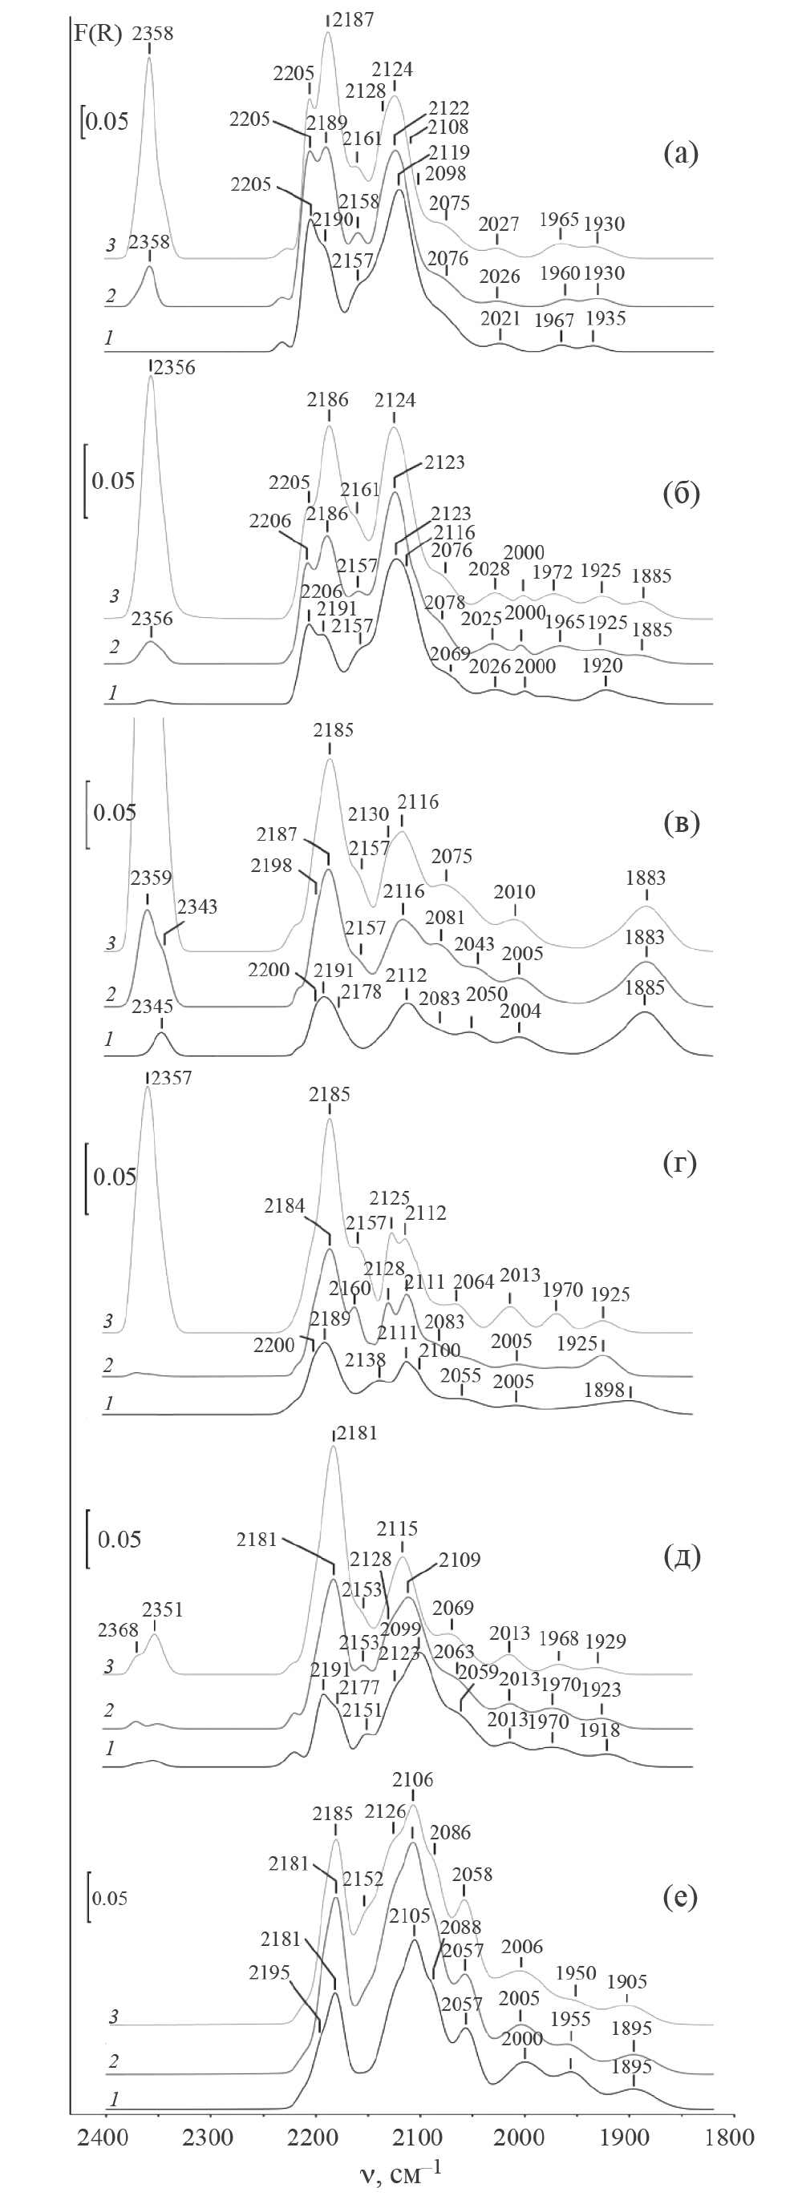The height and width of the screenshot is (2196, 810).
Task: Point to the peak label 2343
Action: tap(196, 907)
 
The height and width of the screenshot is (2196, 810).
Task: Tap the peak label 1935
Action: tap(605, 319)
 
